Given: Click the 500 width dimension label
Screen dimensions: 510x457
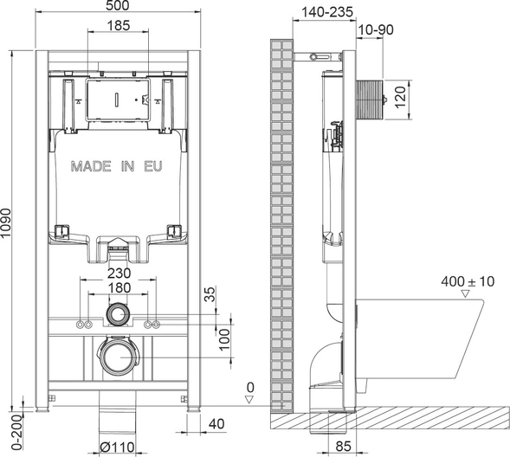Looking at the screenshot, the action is point(118,5).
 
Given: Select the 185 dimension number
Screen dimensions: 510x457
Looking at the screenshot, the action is point(119,26).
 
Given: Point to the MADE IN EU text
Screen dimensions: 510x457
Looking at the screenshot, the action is point(116,166).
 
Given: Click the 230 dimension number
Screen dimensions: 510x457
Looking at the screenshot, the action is point(119,273).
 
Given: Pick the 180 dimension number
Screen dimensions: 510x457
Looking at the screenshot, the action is point(119,287).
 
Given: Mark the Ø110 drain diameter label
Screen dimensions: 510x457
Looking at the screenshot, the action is point(117,447).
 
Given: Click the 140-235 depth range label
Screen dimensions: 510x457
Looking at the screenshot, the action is point(327,12).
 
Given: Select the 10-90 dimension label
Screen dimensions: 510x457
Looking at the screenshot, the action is point(376,30).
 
